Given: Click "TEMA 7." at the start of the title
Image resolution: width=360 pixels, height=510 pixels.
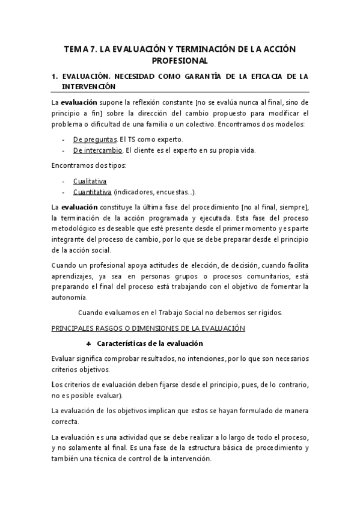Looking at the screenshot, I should [81, 48].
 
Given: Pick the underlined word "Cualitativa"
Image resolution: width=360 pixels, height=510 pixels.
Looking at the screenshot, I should [90, 180].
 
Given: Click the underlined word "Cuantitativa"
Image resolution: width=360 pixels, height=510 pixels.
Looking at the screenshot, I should [93, 192].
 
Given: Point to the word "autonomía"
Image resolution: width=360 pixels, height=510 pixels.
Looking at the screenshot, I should [70, 297].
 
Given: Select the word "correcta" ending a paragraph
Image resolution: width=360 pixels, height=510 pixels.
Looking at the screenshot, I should [65, 422].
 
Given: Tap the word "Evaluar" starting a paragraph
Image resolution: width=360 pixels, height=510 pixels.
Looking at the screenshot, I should [64, 358].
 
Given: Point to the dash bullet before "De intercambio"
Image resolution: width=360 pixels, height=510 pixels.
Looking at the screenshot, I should [64, 150].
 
